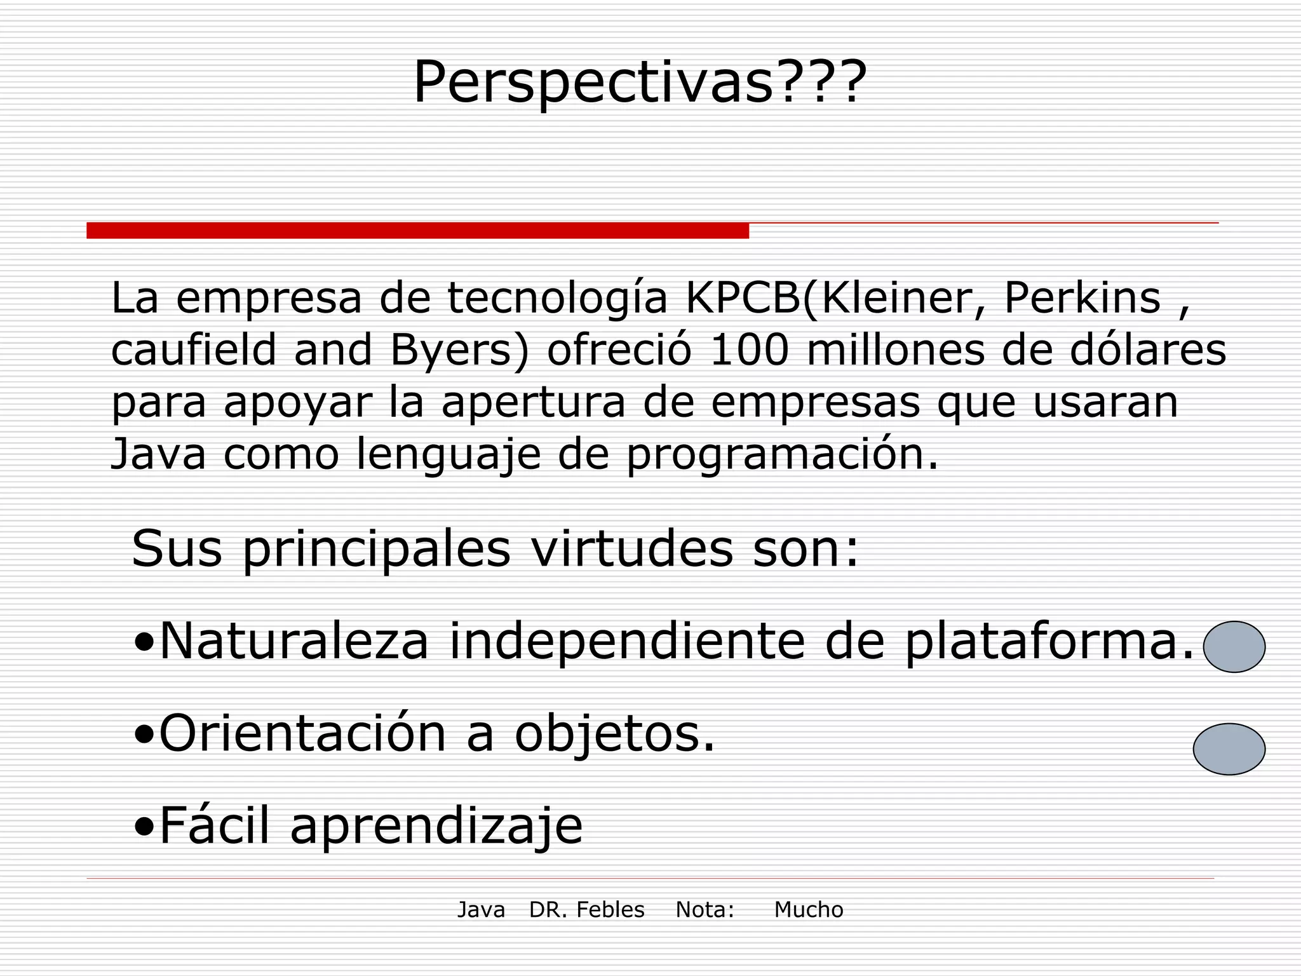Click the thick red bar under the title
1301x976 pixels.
coord(417,231)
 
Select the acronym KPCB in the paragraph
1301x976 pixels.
coord(743,298)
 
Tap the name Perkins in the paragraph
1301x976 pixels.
coord(1082,298)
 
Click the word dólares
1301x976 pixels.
coord(1147,350)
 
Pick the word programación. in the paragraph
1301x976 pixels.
coord(782,454)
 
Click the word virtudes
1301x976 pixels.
coord(632,548)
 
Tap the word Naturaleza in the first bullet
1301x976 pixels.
coord(294,641)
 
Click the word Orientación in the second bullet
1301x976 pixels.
coord(302,734)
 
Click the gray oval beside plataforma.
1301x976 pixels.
coord(1234,647)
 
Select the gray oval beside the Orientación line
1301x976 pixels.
coord(1229,749)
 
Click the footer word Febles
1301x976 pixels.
coord(610,910)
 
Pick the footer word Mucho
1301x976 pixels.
coord(808,910)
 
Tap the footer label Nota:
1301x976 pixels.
coord(704,910)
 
